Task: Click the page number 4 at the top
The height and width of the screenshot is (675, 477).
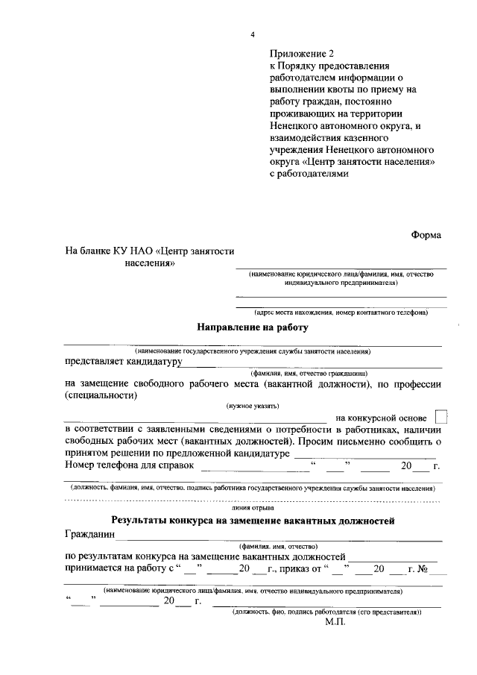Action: [x=253, y=35]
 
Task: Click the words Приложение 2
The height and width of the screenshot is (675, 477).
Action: [x=303, y=54]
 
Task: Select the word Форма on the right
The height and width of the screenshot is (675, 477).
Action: [x=426, y=235]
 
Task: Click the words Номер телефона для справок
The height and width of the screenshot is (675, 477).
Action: [x=129, y=465]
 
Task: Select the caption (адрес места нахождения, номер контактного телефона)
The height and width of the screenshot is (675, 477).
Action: [x=341, y=313]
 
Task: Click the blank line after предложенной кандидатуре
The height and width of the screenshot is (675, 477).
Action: [x=365, y=453]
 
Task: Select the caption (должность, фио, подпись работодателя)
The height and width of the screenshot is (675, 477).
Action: [x=326, y=612]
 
